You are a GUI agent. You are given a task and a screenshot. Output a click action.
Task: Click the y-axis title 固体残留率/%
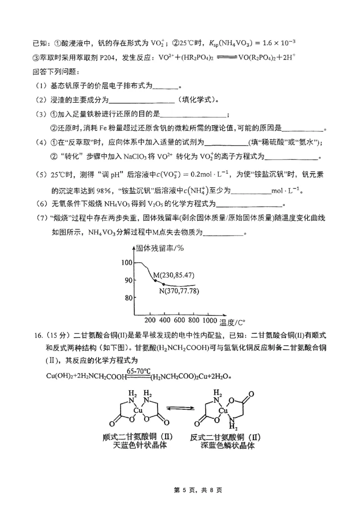pyautogui.click(x=157, y=248)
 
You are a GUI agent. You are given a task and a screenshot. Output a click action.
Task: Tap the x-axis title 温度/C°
pyautogui.click(x=233, y=321)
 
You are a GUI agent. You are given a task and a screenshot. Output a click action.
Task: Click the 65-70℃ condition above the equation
pyautogui.click(x=139, y=371)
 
